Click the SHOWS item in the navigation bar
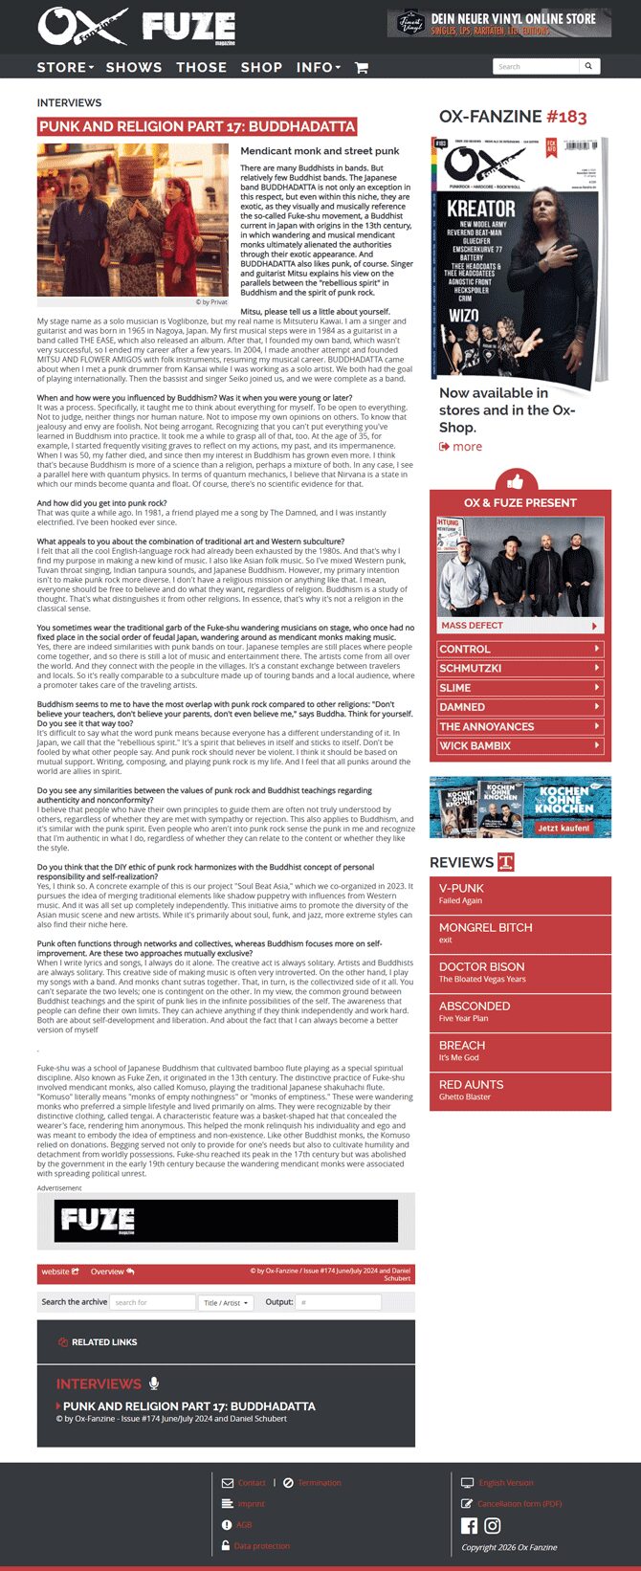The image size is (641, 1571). [x=134, y=68]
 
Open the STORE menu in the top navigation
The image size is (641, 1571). [x=65, y=68]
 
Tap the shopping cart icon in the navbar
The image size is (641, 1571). [x=361, y=68]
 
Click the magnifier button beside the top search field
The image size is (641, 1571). [x=588, y=66]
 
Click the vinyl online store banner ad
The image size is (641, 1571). [x=498, y=23]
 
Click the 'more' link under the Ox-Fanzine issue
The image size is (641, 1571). [x=461, y=447]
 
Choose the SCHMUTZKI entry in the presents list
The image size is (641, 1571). [x=519, y=669]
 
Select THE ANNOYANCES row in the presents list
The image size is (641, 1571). [x=519, y=726]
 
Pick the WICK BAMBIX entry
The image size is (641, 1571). [x=519, y=745]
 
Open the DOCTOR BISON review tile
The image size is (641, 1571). [x=519, y=972]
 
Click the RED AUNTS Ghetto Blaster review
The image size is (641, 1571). [x=519, y=1090]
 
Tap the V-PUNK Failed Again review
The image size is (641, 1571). [x=519, y=894]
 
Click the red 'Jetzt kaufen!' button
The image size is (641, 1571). [x=564, y=828]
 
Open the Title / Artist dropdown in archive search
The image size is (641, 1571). [x=226, y=1302]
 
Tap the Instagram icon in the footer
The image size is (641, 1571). [x=492, y=1525]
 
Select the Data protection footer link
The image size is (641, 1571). [x=261, y=1545]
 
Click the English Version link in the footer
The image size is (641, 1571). [x=505, y=1482]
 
